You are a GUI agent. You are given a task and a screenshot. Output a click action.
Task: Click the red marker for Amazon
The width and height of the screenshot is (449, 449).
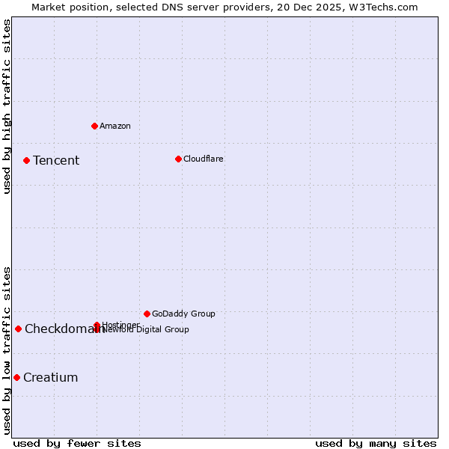tap(94, 126)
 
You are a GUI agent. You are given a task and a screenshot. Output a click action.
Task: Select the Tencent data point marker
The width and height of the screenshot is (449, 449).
tap(26, 160)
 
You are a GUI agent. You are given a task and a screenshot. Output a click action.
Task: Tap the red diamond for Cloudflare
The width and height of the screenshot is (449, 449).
tap(178, 159)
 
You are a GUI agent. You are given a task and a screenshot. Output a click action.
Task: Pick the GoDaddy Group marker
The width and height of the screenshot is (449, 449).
tap(147, 314)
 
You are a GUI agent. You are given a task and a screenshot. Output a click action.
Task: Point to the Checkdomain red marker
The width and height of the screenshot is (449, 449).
tap(18, 329)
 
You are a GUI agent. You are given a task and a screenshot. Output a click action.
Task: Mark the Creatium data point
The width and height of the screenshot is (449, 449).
tap(16, 377)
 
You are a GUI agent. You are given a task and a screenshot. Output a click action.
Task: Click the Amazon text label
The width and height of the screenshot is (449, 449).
tap(115, 126)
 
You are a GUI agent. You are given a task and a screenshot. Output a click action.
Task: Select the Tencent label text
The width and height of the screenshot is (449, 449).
tap(56, 160)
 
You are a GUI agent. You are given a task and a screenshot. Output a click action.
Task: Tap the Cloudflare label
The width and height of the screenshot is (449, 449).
tap(204, 159)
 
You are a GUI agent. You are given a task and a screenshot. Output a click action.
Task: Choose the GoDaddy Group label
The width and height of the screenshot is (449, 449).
tap(183, 314)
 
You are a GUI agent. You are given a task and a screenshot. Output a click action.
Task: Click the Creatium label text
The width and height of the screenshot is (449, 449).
tap(51, 377)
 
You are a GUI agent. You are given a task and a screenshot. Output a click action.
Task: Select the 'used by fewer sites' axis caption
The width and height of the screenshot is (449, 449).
tap(77, 444)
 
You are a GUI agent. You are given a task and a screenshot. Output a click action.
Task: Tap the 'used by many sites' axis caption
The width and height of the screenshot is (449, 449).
tap(376, 444)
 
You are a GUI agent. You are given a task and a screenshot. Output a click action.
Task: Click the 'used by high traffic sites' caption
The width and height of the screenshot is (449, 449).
tap(7, 106)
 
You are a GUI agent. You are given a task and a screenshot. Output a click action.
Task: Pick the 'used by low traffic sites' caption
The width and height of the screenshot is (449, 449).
tap(7, 350)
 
